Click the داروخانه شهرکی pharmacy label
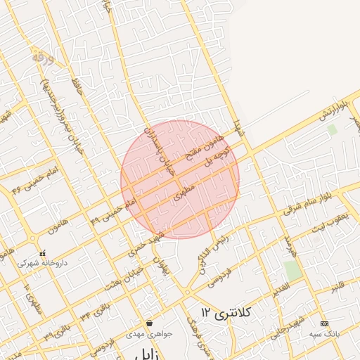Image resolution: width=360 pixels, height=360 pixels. (x=42, y=262)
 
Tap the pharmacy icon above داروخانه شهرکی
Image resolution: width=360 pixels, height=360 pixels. (x=43, y=253)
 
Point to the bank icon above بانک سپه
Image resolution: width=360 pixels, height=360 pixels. (x=324, y=323)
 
